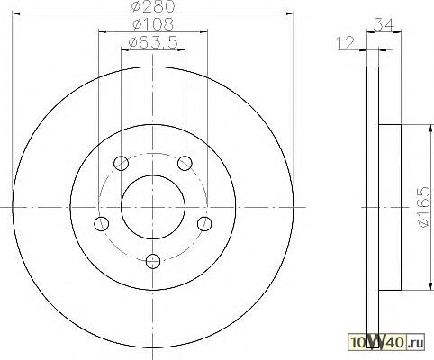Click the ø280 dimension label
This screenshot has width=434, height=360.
(153, 6)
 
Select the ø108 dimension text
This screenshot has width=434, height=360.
(153, 24)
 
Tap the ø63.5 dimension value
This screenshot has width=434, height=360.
(153, 42)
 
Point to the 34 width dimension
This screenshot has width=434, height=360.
(384, 24)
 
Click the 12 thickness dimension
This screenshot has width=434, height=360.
(346, 43)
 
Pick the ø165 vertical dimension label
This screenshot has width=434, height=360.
(424, 207)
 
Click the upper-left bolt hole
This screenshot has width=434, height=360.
(122, 163)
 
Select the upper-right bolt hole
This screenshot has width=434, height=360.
(185, 163)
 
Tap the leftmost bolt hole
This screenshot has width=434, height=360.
(102, 223)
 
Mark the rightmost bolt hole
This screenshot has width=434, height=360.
(204, 223)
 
